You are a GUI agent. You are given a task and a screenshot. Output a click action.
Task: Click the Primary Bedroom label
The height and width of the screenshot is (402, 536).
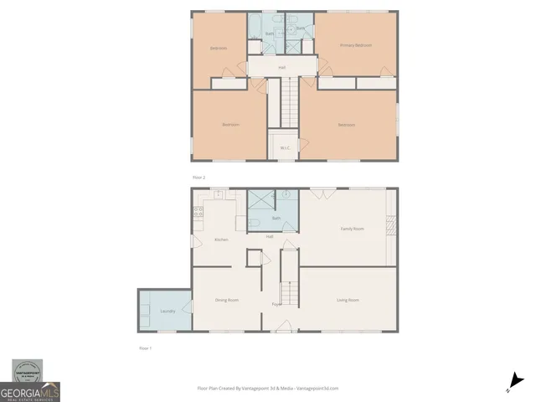[x=355, y=45]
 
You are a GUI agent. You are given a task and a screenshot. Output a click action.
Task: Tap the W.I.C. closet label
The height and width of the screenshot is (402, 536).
[x=285, y=148]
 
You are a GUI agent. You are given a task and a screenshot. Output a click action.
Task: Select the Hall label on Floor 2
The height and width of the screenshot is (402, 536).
[x=281, y=67]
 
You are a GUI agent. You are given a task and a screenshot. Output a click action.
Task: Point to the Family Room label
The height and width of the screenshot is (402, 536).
[x=351, y=229]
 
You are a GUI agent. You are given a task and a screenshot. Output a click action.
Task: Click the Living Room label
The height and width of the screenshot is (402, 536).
[x=348, y=300]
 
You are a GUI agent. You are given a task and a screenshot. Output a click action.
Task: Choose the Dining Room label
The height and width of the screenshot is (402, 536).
[x=227, y=300]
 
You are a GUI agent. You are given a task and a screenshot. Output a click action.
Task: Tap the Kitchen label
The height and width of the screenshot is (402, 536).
[x=221, y=240]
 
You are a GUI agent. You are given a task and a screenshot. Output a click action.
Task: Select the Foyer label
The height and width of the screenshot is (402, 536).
[x=276, y=303]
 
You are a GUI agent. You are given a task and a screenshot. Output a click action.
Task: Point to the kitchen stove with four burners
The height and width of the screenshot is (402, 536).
[x=198, y=212]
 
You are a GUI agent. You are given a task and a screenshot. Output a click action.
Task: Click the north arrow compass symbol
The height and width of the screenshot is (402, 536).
[x=514, y=382]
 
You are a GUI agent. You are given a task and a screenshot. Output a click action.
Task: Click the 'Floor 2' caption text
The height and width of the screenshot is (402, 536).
[x=198, y=178]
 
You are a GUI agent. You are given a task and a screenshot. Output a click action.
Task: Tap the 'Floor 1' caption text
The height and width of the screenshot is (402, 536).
[x=145, y=347]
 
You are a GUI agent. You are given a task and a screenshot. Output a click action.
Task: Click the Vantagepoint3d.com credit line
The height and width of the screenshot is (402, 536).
[x=267, y=389]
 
